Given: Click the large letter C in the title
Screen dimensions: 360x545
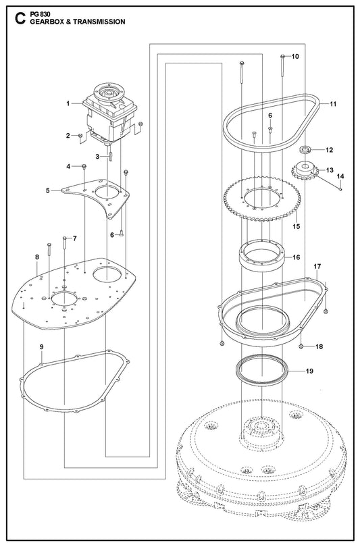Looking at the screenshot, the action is click(x=20, y=19).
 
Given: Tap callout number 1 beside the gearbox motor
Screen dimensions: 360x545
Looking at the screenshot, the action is click(x=68, y=103).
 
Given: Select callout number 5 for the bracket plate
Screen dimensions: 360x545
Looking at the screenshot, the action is click(x=48, y=190).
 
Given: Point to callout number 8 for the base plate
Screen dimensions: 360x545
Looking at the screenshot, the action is click(x=37, y=257).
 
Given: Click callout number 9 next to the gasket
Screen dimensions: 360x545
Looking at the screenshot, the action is click(x=41, y=346).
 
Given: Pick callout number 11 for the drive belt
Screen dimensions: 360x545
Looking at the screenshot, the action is click(x=333, y=104).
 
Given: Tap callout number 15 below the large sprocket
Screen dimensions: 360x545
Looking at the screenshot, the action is click(x=296, y=227).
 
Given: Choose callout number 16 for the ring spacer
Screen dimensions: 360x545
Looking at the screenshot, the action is click(x=296, y=257).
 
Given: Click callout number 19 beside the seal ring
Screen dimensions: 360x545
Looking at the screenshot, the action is click(x=309, y=371).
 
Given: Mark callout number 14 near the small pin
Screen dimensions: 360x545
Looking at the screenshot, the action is click(x=340, y=176).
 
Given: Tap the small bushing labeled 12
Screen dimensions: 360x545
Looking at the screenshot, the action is click(x=305, y=150).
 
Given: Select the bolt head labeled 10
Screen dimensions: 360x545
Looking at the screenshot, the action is click(x=282, y=56).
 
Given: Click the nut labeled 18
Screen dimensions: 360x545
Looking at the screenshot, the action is click(x=301, y=346).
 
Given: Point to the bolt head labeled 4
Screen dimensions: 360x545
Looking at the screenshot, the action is click(x=84, y=166).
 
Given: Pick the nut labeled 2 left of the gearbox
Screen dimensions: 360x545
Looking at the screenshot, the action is click(x=80, y=135).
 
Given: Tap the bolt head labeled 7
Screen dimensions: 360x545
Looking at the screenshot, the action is click(x=65, y=238).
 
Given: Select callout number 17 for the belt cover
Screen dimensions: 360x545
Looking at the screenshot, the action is click(x=317, y=267).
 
